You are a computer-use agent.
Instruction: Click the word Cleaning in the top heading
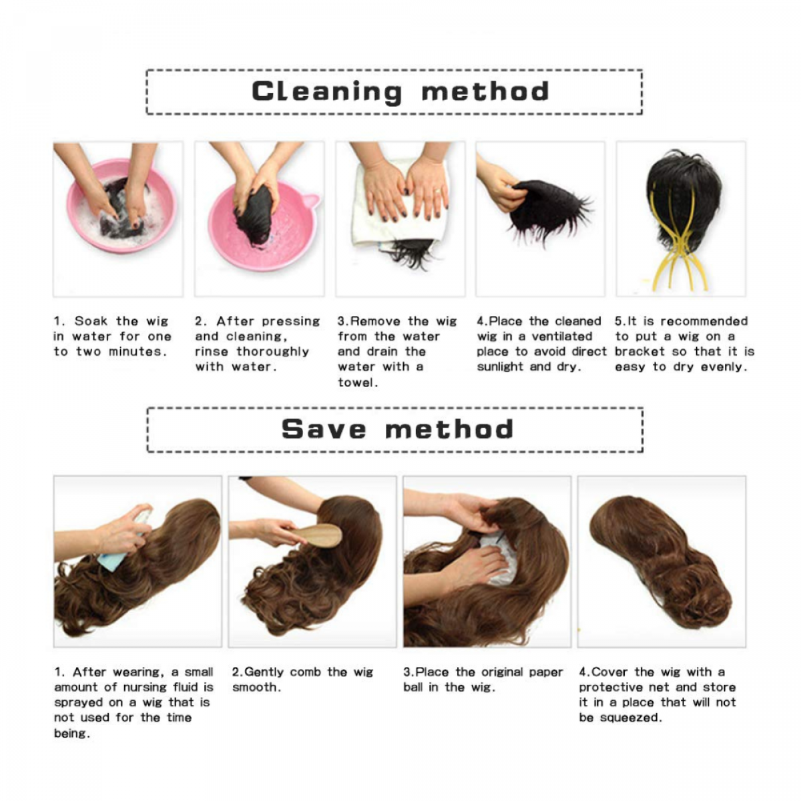coord(326,92)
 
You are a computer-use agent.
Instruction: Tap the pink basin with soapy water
coord(121,206)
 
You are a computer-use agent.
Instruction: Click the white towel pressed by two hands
coord(399,204)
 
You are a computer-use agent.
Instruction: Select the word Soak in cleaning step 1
coord(91,321)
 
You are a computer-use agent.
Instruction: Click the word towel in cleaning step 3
coord(358,382)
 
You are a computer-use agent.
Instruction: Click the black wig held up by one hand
coord(549,208)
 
